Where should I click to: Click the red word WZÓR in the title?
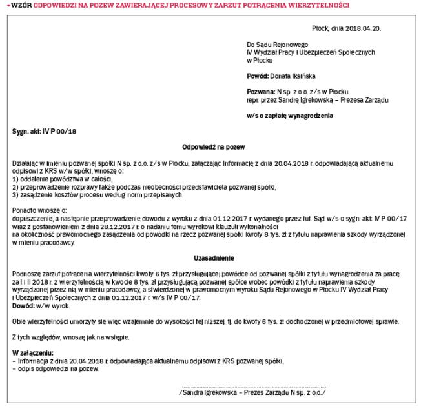(x=15, y=5)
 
